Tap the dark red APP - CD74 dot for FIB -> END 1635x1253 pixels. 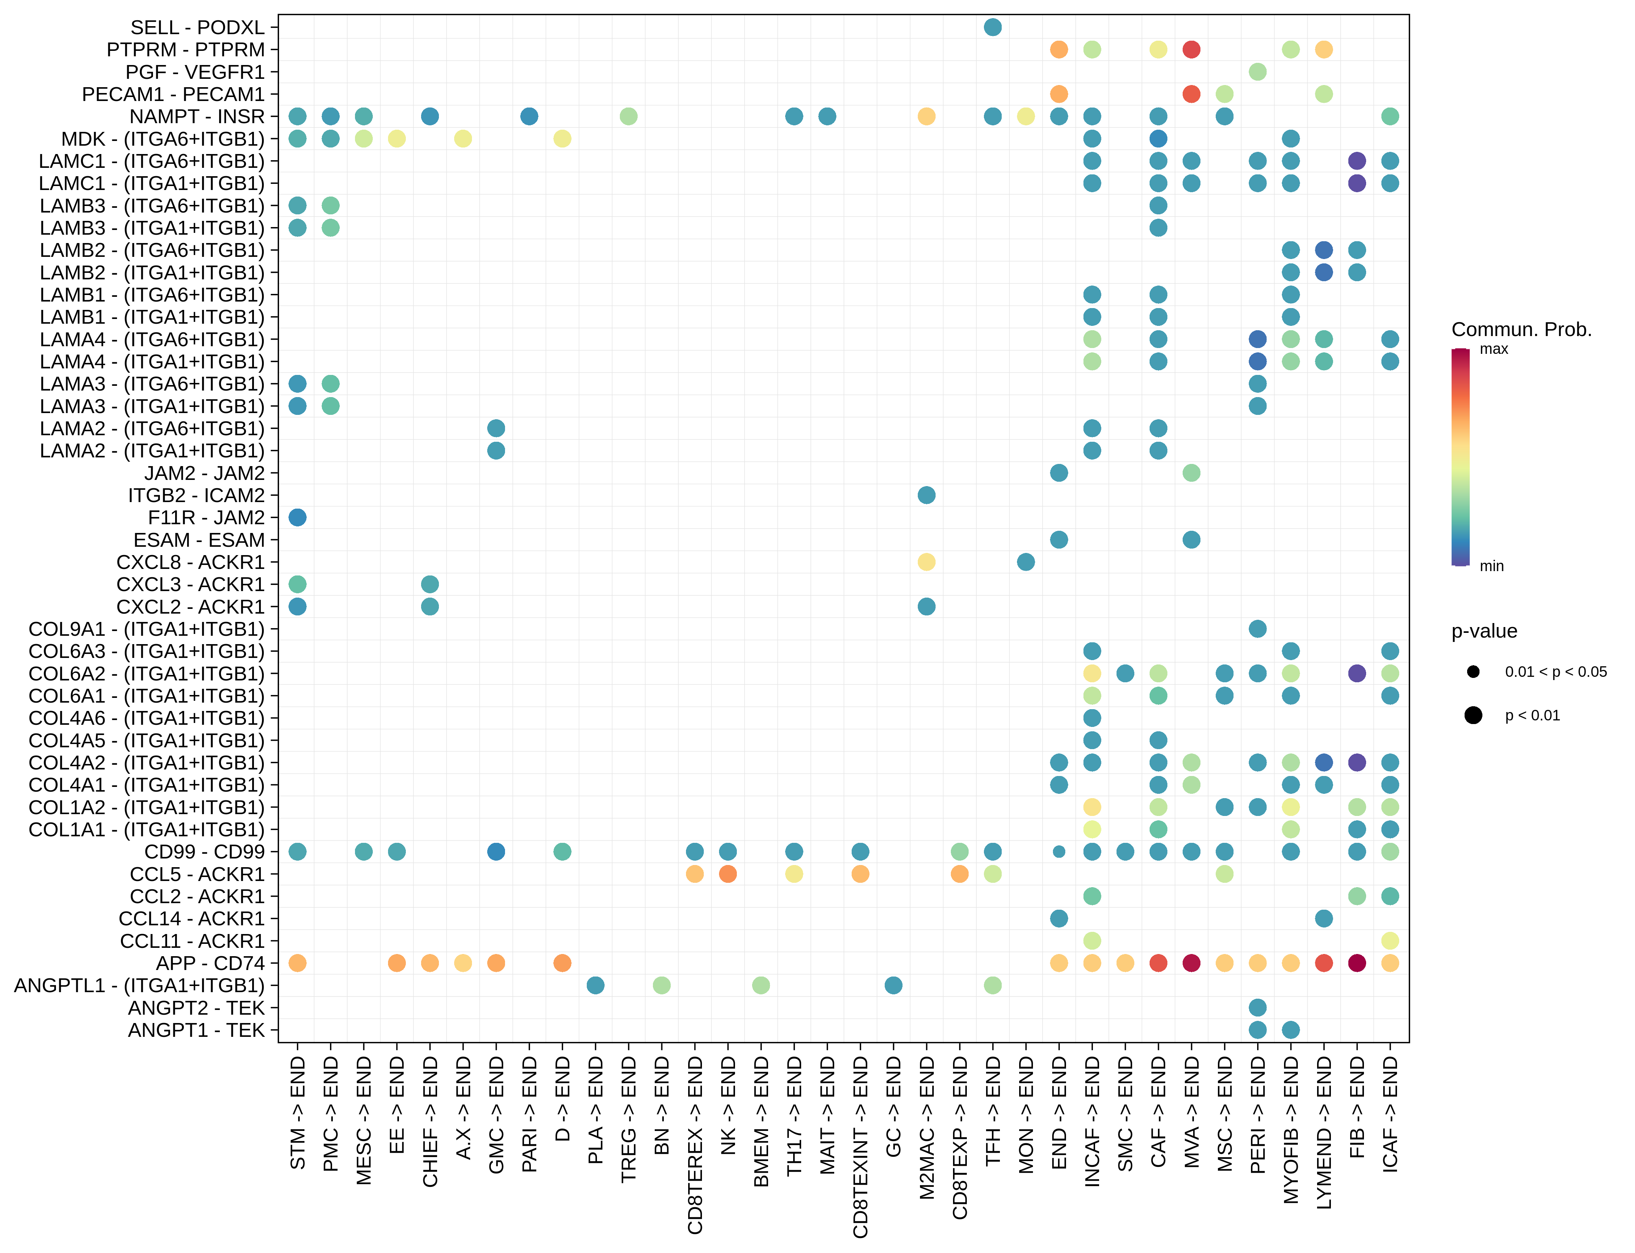tap(1357, 963)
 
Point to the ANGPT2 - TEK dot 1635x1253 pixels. tap(1257, 1008)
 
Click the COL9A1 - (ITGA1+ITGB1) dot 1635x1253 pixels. tap(1257, 629)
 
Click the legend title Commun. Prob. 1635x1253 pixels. tap(1521, 330)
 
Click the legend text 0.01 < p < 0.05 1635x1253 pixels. tap(1555, 672)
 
